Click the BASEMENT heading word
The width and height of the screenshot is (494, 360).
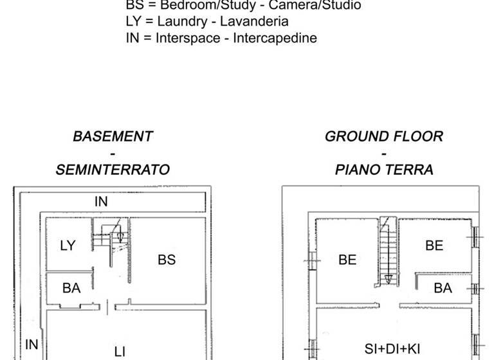pyautogui.click(x=113, y=136)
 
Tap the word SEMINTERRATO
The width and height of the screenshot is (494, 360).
pyautogui.click(x=113, y=170)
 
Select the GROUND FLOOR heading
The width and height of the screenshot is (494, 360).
pyautogui.click(x=384, y=136)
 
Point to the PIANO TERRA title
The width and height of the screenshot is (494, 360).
pyautogui.click(x=384, y=170)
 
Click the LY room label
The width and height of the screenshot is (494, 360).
pyautogui.click(x=68, y=245)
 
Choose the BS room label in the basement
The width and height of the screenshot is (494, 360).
pyautogui.click(x=167, y=260)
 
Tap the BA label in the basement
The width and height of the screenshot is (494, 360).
pyautogui.click(x=71, y=288)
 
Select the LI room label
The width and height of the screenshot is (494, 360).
pyautogui.click(x=120, y=351)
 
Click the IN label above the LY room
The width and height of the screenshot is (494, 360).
pyautogui.click(x=101, y=201)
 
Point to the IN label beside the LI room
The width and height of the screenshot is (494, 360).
pyautogui.click(x=32, y=345)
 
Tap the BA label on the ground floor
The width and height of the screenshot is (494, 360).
pyautogui.click(x=443, y=288)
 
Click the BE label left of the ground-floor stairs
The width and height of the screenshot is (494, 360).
pyautogui.click(x=347, y=260)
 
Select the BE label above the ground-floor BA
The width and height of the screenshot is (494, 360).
pyautogui.click(x=434, y=245)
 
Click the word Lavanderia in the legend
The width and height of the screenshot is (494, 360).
pyautogui.click(x=248, y=21)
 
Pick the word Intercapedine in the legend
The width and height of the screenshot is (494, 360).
pyautogui.click(x=275, y=38)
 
